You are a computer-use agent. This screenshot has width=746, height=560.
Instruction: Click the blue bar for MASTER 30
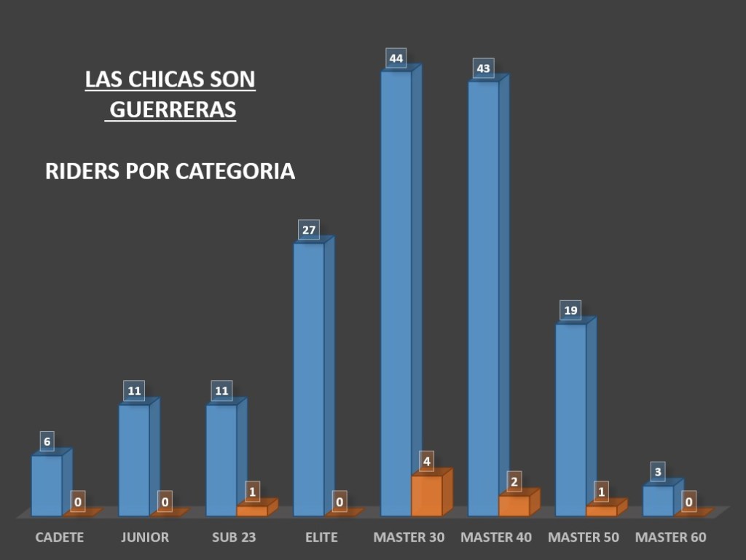click(x=396, y=291)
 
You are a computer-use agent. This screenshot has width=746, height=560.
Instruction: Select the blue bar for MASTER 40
click(x=483, y=299)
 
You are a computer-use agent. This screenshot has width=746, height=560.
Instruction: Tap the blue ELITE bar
click(x=309, y=379)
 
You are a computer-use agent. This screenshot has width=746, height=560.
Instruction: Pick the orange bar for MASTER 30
click(x=427, y=495)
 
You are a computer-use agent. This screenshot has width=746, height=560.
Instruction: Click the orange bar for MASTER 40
click(x=514, y=505)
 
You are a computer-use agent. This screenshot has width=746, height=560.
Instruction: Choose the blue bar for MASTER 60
click(x=658, y=500)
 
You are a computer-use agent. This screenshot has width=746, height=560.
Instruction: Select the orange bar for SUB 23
click(x=252, y=510)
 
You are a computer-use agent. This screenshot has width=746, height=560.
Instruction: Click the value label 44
click(x=396, y=58)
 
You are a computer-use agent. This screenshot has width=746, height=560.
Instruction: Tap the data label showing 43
click(x=483, y=69)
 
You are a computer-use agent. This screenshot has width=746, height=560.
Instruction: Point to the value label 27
click(x=309, y=231)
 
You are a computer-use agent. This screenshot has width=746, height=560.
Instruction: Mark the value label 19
click(x=571, y=311)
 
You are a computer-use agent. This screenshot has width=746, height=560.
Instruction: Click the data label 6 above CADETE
click(x=47, y=441)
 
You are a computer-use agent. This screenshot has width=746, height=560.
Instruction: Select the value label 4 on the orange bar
click(x=428, y=461)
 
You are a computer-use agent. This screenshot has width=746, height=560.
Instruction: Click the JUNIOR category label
click(x=144, y=537)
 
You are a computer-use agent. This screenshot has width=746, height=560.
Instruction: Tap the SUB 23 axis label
click(x=234, y=537)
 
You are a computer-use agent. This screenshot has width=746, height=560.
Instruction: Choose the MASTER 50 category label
click(x=583, y=537)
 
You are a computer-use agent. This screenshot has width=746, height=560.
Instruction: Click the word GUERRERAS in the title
click(x=173, y=109)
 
